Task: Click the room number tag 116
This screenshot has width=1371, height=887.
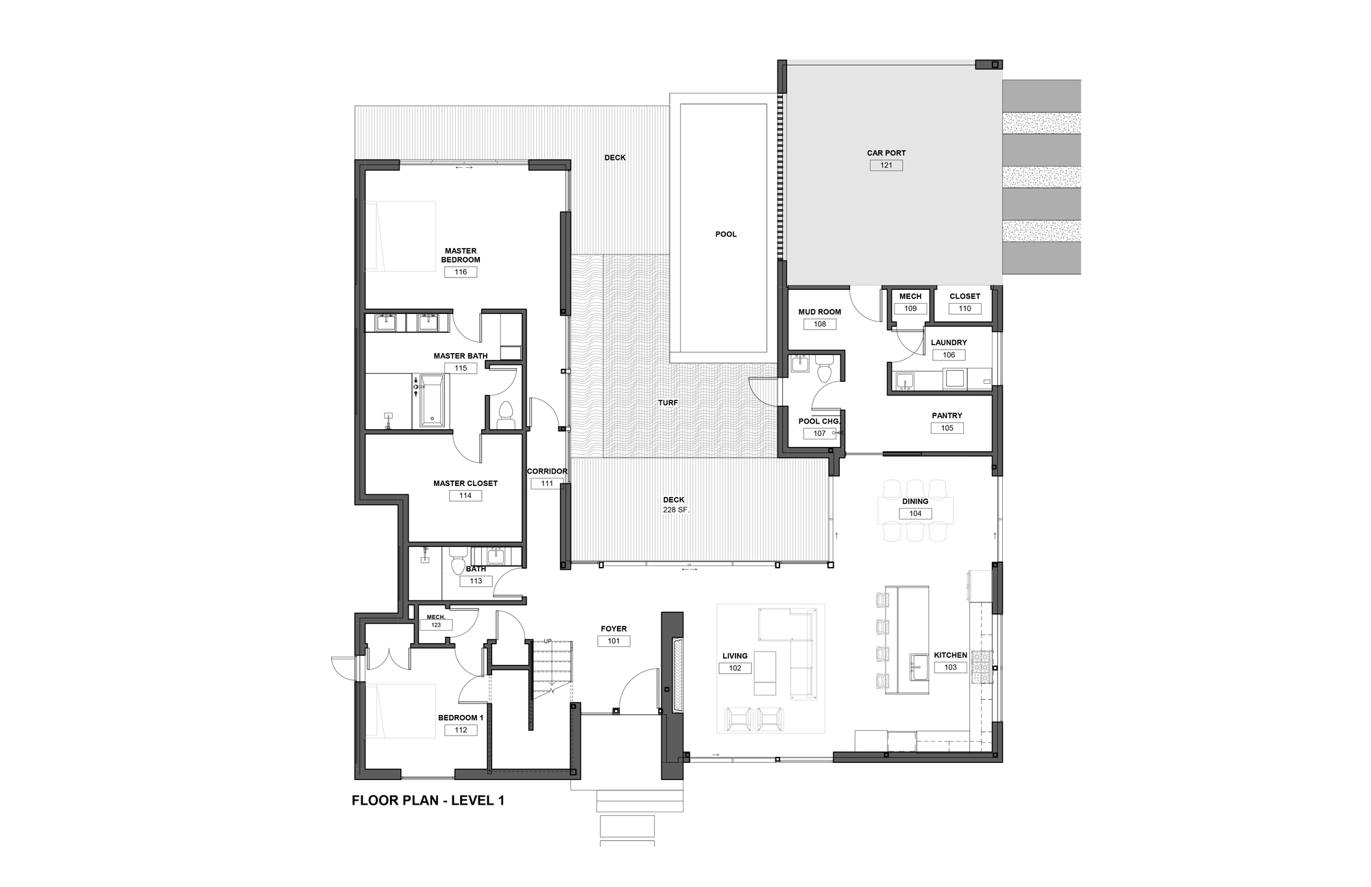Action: click(x=461, y=272)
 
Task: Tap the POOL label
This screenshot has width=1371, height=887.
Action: click(x=726, y=234)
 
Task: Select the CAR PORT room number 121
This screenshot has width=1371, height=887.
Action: click(x=886, y=165)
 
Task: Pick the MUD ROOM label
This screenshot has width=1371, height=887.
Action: click(x=820, y=312)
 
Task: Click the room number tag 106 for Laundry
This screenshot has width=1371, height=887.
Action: click(x=949, y=355)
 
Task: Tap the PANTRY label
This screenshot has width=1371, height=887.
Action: click(x=947, y=415)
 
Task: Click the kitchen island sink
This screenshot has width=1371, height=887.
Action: click(x=919, y=665)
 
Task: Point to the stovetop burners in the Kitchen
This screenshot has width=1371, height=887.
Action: click(x=982, y=667)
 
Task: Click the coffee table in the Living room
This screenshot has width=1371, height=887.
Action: click(x=765, y=672)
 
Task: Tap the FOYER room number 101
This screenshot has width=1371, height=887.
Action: click(x=614, y=642)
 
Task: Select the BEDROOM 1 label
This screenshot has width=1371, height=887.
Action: click(x=461, y=718)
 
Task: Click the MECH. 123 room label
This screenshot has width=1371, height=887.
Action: click(x=436, y=621)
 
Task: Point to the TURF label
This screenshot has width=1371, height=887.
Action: click(x=668, y=403)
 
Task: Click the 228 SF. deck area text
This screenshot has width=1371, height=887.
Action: click(x=675, y=510)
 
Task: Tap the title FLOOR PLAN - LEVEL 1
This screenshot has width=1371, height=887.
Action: click(x=428, y=800)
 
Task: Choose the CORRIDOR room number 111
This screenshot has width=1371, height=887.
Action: click(x=547, y=483)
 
